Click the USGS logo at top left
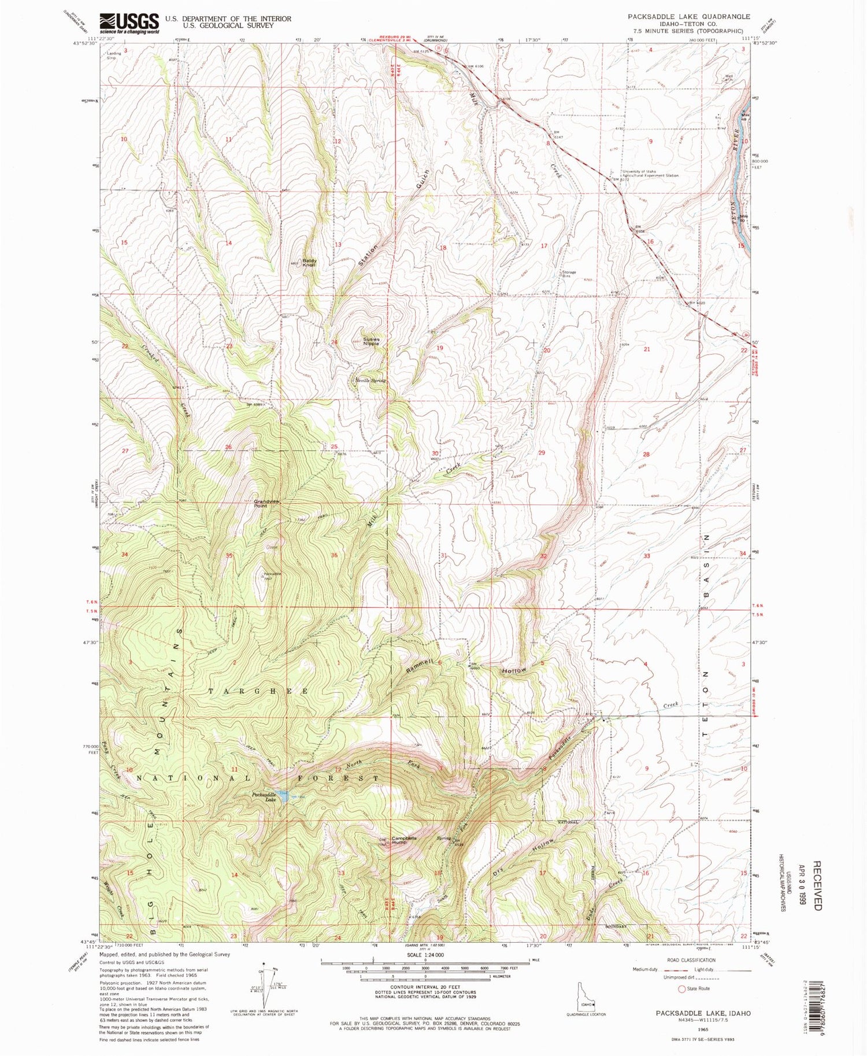[x=129, y=23]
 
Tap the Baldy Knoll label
[x=308, y=263]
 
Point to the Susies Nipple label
[x=370, y=341]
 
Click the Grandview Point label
[x=267, y=503]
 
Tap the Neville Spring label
[x=370, y=381]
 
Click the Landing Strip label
[x=114, y=56]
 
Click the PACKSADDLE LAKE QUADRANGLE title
[x=689, y=17]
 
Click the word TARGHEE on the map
[x=264, y=691]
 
